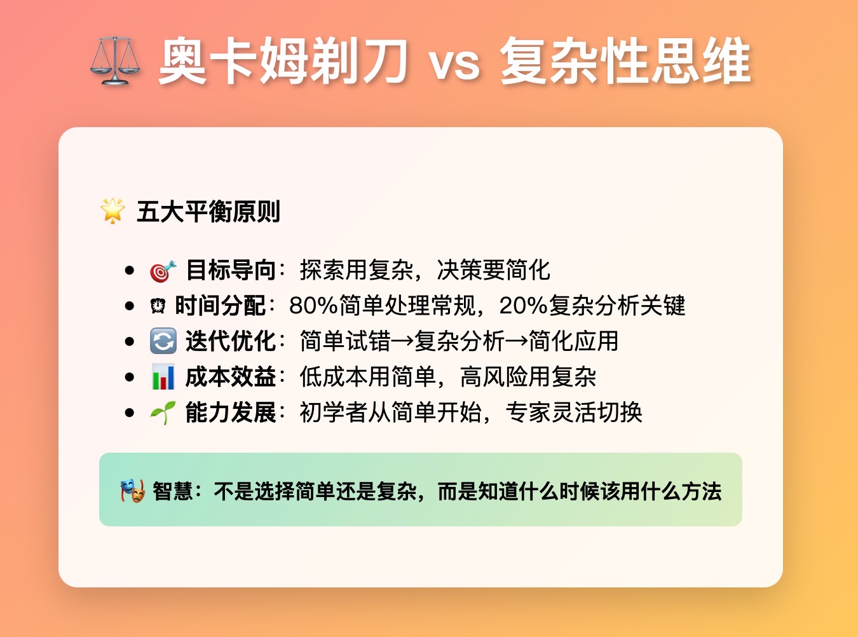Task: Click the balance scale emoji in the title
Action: [115, 61]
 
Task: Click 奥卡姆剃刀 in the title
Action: [283, 61]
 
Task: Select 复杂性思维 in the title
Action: [625, 61]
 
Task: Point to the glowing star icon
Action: [112, 211]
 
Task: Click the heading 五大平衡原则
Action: [208, 212]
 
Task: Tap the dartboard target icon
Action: [163, 271]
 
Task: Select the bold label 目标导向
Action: [231, 270]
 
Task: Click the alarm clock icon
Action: [158, 306]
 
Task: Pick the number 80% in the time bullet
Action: [314, 306]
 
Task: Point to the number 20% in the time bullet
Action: [524, 306]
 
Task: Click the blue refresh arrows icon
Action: [163, 341]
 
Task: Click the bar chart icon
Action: [163, 376]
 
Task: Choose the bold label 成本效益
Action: [231, 377]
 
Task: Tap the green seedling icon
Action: [163, 413]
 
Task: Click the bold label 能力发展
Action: [231, 413]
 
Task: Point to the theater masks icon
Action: [132, 491]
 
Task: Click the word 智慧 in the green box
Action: [172, 491]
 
